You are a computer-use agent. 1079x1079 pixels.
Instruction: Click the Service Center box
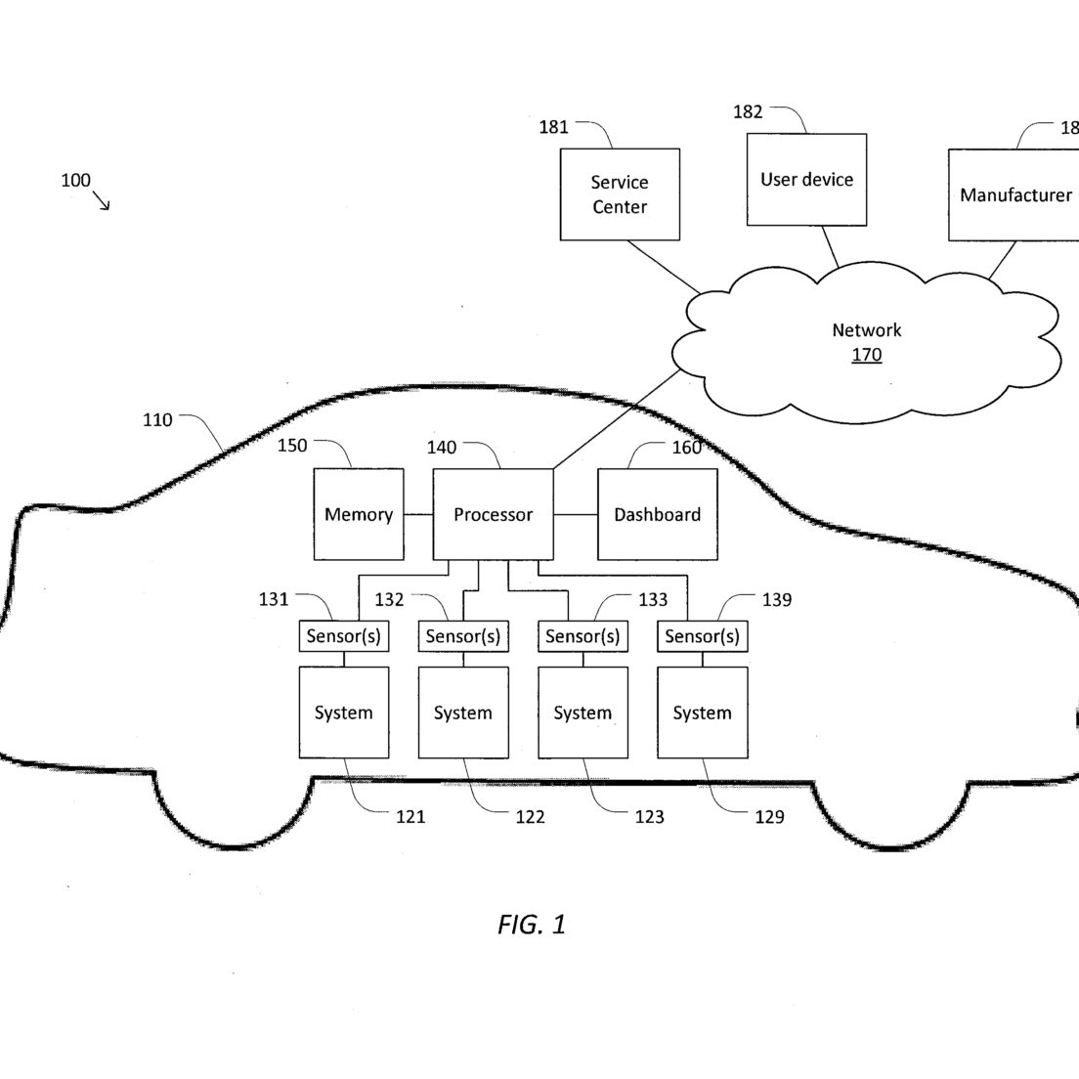click(x=620, y=194)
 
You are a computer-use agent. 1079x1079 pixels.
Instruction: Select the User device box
click(x=806, y=180)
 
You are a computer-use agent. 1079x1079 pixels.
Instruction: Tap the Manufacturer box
click(x=1014, y=194)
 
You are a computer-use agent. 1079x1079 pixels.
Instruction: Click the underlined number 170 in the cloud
click(x=866, y=355)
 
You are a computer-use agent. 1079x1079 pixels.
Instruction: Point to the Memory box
click(x=359, y=514)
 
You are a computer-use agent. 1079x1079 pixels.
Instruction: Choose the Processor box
click(x=493, y=514)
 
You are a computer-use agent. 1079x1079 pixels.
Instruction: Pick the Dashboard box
click(x=657, y=514)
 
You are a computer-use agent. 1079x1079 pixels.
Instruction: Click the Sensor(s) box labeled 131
click(x=344, y=636)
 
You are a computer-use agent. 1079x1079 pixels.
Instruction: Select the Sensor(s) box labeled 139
click(x=703, y=636)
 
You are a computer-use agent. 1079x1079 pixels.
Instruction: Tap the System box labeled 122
click(x=464, y=712)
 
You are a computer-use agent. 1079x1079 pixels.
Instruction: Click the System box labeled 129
click(x=703, y=712)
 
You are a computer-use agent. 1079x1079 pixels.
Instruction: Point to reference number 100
click(x=75, y=180)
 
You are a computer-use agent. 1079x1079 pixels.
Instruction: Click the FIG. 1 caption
click(x=532, y=925)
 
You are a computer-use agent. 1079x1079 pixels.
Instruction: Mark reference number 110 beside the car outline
click(x=157, y=419)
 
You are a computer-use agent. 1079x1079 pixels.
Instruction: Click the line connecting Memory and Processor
click(x=418, y=514)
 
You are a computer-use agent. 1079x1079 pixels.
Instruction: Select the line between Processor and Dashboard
click(x=576, y=514)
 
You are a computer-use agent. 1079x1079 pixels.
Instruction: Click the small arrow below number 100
click(x=102, y=201)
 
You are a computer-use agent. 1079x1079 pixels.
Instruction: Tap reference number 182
click(x=748, y=111)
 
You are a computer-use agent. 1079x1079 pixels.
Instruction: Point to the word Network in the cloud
click(x=866, y=330)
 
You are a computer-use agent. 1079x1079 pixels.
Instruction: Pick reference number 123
click(x=649, y=817)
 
